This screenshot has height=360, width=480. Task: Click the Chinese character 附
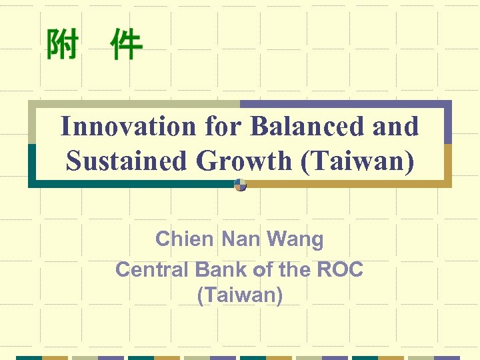click(x=62, y=45)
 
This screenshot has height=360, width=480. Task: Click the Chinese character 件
click(x=126, y=45)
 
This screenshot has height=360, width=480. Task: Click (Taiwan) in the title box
click(x=357, y=161)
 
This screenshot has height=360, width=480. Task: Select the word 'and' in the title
click(x=396, y=126)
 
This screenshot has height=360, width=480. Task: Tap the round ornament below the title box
click(x=241, y=185)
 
